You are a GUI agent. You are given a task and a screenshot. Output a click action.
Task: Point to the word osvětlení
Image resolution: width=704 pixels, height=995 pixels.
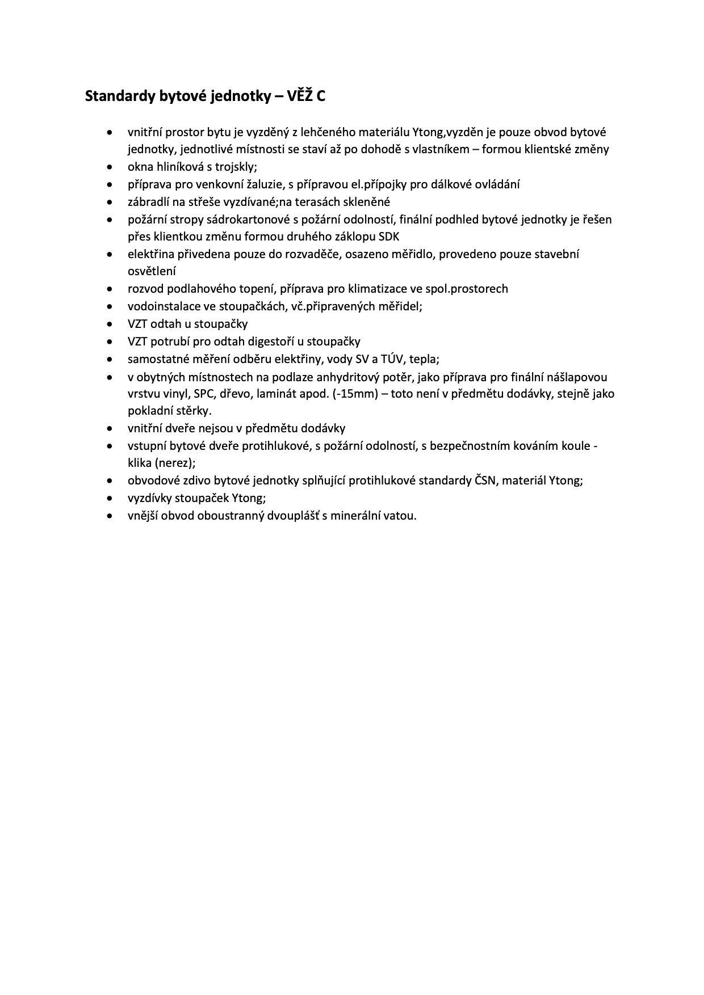click(152, 272)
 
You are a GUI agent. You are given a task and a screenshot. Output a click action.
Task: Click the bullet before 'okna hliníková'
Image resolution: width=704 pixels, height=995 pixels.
click(110, 168)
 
